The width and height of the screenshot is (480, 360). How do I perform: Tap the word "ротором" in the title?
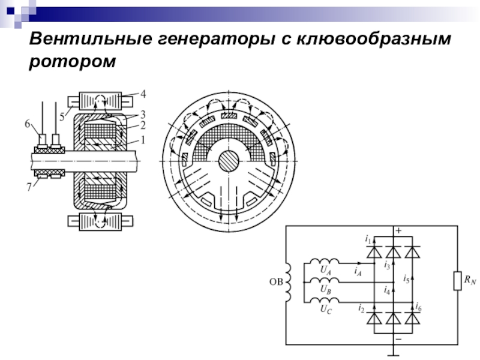[x=72, y=62]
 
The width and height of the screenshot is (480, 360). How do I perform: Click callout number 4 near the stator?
[x=143, y=94]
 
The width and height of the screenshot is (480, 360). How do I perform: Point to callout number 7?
[x=29, y=187]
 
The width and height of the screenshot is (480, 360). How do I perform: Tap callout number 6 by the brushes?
[x=28, y=124]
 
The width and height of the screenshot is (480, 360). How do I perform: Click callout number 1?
[x=142, y=140]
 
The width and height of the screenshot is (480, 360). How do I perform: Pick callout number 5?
[x=62, y=117]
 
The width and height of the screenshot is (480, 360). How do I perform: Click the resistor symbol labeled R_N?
[x=457, y=281]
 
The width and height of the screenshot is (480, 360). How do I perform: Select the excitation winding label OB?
[x=276, y=281]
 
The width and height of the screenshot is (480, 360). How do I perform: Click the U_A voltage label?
[x=326, y=270]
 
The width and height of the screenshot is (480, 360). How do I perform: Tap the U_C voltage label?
[x=326, y=310]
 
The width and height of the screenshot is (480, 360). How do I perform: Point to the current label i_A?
[x=358, y=272]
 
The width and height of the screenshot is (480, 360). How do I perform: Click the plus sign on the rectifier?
[x=398, y=231]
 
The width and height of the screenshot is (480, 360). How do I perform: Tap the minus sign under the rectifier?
[x=398, y=339]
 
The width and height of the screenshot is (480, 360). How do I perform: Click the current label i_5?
[x=406, y=278]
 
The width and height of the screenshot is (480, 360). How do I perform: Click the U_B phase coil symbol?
[x=324, y=280]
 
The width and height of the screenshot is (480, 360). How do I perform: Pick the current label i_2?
[x=362, y=308]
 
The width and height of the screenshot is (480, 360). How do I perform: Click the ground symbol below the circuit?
[x=394, y=355]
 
